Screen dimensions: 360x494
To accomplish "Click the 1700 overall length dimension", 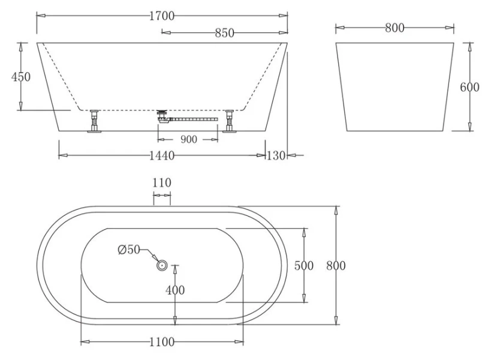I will [162, 16].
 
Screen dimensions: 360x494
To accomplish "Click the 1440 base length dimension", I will [161, 156].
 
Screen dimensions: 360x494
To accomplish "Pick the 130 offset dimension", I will [276, 156].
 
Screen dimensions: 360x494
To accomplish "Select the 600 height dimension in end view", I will [469, 87].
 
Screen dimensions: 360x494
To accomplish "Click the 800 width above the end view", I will [394, 28].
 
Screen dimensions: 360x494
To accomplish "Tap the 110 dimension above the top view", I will [162, 182].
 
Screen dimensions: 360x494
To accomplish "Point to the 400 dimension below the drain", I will [174, 290].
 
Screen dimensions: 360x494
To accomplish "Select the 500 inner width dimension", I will [304, 266].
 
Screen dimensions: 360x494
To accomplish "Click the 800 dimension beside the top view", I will [335, 266].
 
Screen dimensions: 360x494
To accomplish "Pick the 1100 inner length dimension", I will [162, 342].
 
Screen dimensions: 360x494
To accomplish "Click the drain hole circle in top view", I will [161, 265].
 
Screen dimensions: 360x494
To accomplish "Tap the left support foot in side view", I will [94, 120].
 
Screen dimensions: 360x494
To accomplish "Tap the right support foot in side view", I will [230, 120].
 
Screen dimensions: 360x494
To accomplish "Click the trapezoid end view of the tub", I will [394, 87].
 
